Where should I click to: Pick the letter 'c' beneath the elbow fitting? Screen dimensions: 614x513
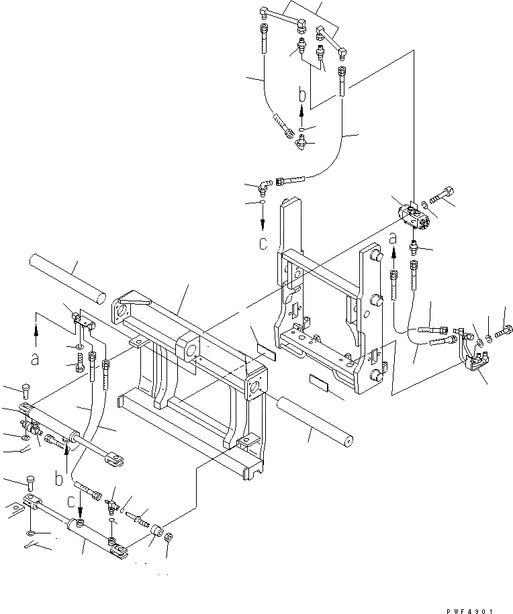point(263,242)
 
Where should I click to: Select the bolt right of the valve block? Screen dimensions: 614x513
point(440,197)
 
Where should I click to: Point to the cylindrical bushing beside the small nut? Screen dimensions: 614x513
point(158,533)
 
